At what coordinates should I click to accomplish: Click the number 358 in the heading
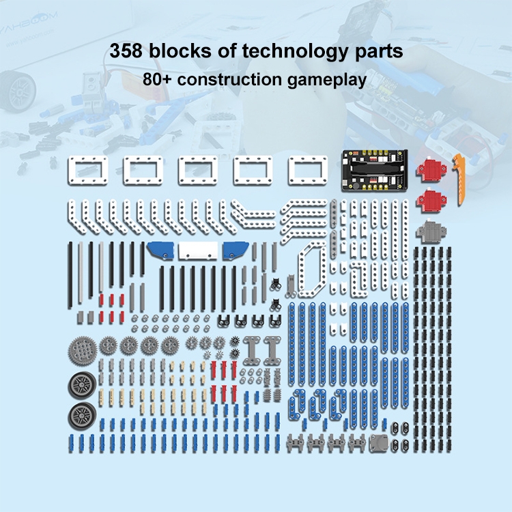(x=126, y=51)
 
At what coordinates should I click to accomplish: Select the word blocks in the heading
(x=180, y=51)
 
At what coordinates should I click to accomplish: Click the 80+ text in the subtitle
(x=157, y=79)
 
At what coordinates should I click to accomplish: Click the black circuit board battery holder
(x=374, y=171)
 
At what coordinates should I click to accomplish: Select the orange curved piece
(x=459, y=179)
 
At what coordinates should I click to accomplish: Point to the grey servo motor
(x=431, y=231)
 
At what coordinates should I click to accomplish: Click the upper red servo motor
(x=431, y=170)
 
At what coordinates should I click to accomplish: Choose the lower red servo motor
(x=431, y=200)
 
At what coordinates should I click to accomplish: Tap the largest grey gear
(x=83, y=351)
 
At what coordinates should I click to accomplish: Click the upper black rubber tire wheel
(x=83, y=385)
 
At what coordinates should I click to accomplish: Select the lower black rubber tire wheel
(x=83, y=416)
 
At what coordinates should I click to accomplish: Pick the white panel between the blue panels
(x=198, y=251)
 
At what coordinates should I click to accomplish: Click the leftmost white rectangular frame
(x=88, y=171)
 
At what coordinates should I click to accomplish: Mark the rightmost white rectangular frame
(x=308, y=171)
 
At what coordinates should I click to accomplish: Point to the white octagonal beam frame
(x=313, y=271)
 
